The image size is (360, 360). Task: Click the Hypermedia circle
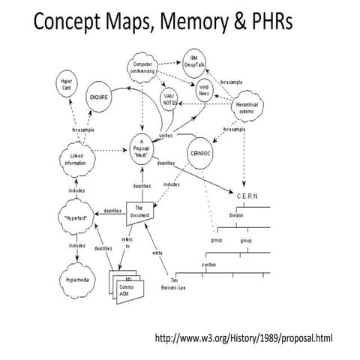[76, 277]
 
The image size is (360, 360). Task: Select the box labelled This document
[141, 212]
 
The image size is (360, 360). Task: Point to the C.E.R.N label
[248, 197]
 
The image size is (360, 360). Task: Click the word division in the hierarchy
[237, 214]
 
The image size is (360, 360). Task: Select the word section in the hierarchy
[209, 265]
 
